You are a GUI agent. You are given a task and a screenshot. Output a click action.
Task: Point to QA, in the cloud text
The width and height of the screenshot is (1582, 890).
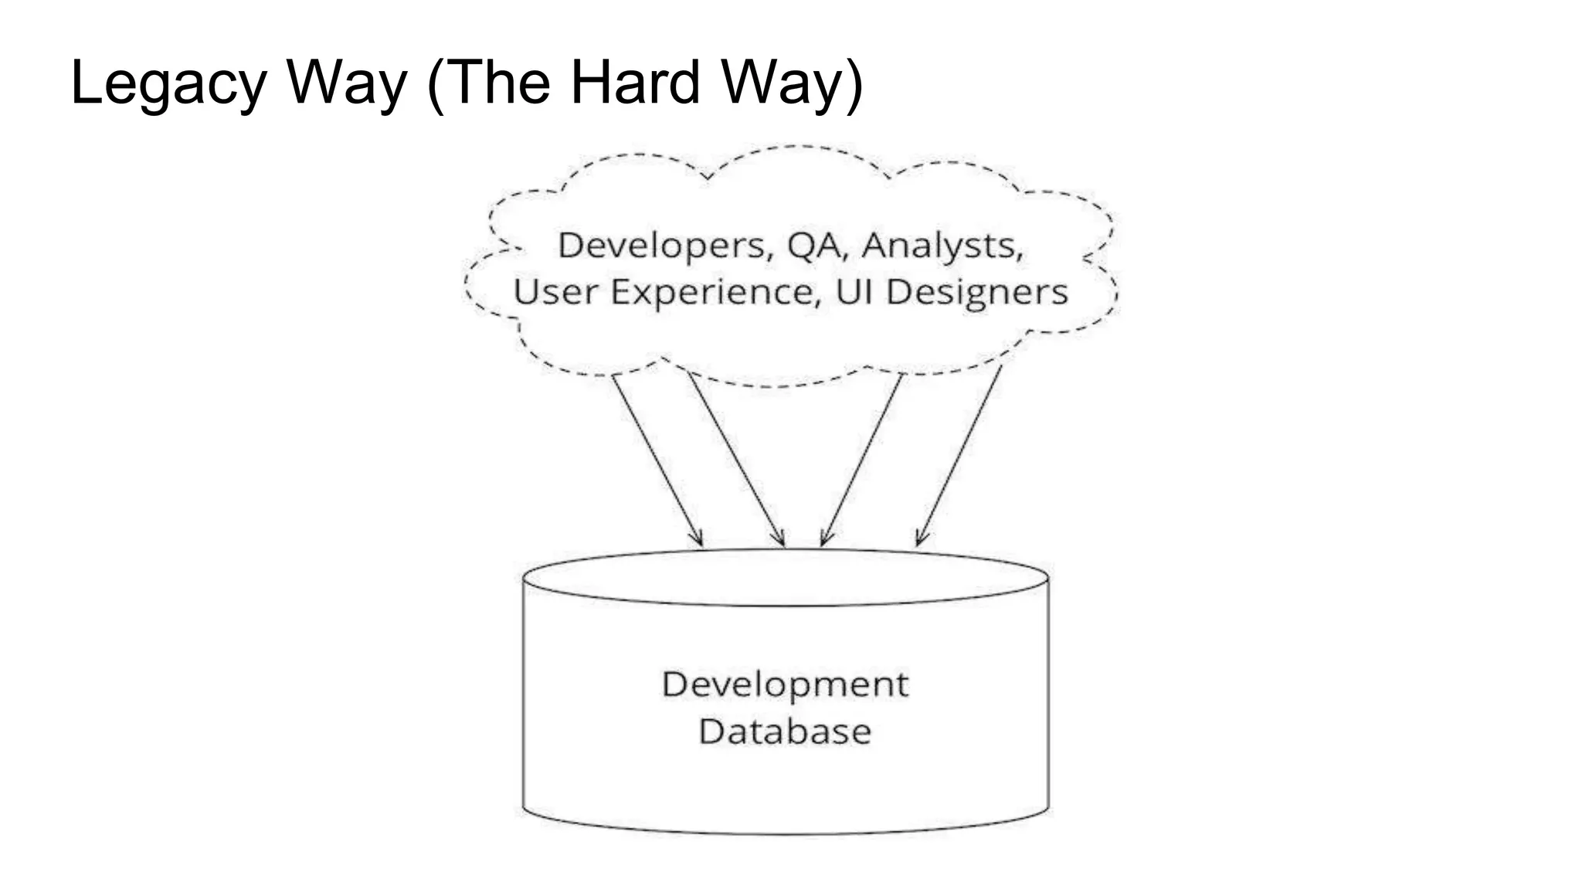[816, 246]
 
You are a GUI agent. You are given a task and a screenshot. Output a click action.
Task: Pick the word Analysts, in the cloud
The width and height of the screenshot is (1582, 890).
[942, 246]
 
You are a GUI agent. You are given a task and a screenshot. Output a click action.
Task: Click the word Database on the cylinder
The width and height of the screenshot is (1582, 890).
[785, 732]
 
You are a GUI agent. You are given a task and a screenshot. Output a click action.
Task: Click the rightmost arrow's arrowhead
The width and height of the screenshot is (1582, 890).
[920, 539]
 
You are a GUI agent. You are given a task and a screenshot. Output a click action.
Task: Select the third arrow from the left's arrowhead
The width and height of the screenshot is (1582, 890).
[824, 539]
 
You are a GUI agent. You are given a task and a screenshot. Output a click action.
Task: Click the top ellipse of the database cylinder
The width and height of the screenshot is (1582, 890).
[785, 577]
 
